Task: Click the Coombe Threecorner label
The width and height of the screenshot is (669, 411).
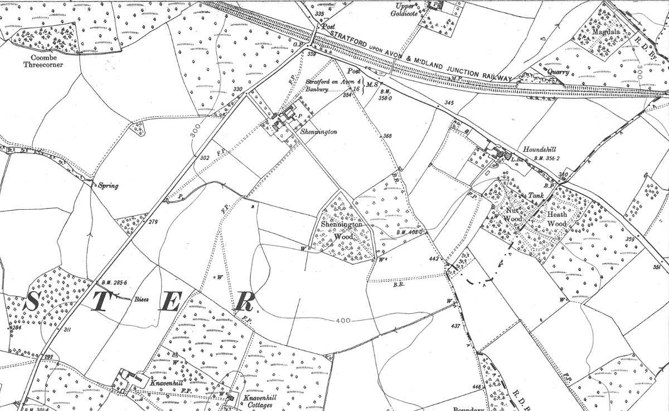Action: coord(43,61)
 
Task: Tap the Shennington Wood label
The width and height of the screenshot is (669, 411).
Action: coord(341,230)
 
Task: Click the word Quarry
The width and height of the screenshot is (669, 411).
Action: coord(558,71)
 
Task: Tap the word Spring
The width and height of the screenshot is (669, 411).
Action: coord(108,186)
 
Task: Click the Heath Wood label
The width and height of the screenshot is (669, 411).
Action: coord(556,219)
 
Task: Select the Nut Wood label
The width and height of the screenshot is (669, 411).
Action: coord(513,215)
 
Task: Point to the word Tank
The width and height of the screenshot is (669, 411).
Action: coord(536,196)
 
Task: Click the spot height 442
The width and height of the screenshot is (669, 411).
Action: coord(435,259)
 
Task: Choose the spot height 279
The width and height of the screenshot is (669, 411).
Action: coord(153,222)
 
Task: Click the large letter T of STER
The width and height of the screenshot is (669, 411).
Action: coord(101,303)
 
